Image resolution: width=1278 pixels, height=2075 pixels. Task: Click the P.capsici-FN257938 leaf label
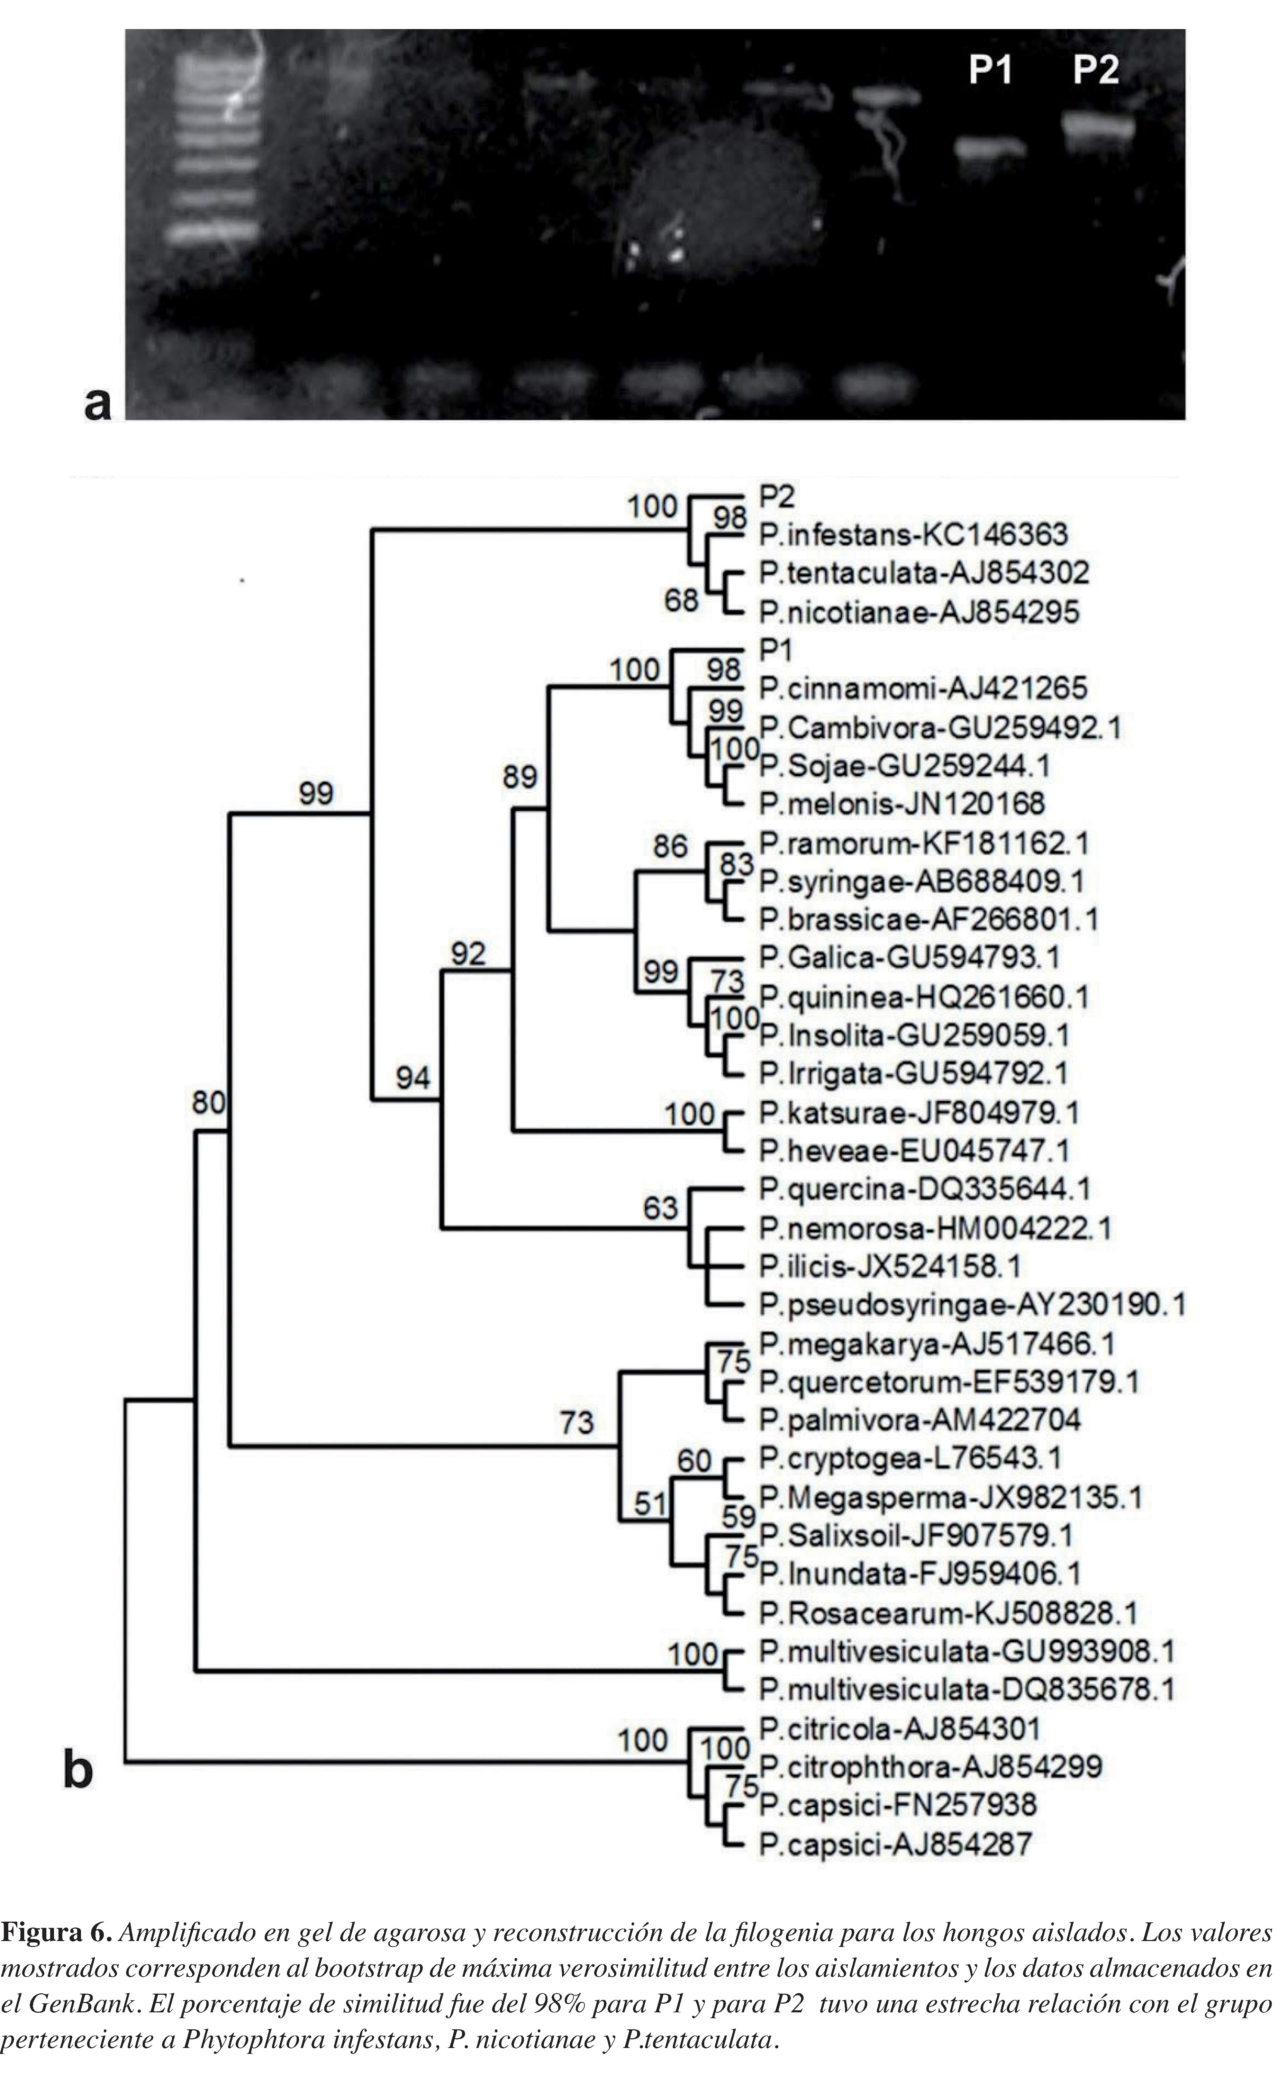[x=897, y=1805]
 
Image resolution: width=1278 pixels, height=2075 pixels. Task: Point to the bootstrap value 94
[x=413, y=1077]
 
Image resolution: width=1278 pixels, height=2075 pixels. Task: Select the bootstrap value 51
[x=651, y=1505]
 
